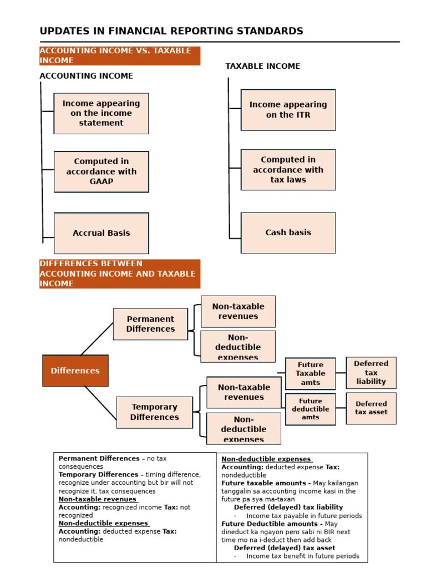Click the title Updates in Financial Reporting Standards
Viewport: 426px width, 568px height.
(x=171, y=31)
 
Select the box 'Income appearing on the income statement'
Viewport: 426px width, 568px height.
(x=101, y=113)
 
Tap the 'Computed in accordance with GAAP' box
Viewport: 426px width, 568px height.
(x=101, y=171)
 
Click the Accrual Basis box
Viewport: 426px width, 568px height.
(x=101, y=233)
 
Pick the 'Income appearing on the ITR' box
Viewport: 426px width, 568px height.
(x=288, y=110)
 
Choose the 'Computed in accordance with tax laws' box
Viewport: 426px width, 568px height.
(x=288, y=170)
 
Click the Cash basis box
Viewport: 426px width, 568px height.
(x=288, y=232)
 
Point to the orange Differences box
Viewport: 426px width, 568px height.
(x=75, y=371)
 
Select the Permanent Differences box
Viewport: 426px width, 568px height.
(x=150, y=324)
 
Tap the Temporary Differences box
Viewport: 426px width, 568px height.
(x=155, y=412)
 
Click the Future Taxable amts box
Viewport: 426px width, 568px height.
(x=311, y=373)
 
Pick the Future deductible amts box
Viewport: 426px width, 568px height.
(x=311, y=409)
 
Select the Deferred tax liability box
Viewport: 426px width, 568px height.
(x=371, y=372)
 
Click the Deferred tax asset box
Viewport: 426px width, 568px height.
(x=371, y=408)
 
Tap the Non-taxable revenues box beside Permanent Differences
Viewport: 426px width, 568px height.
(x=238, y=311)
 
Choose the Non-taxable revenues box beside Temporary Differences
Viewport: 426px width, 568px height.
(x=244, y=392)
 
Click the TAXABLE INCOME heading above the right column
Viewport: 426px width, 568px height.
(x=262, y=66)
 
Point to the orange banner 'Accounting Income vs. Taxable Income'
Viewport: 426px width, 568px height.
(x=119, y=55)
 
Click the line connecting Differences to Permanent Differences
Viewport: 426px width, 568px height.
(x=97, y=338)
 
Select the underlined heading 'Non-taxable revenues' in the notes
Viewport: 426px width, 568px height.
(x=98, y=499)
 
